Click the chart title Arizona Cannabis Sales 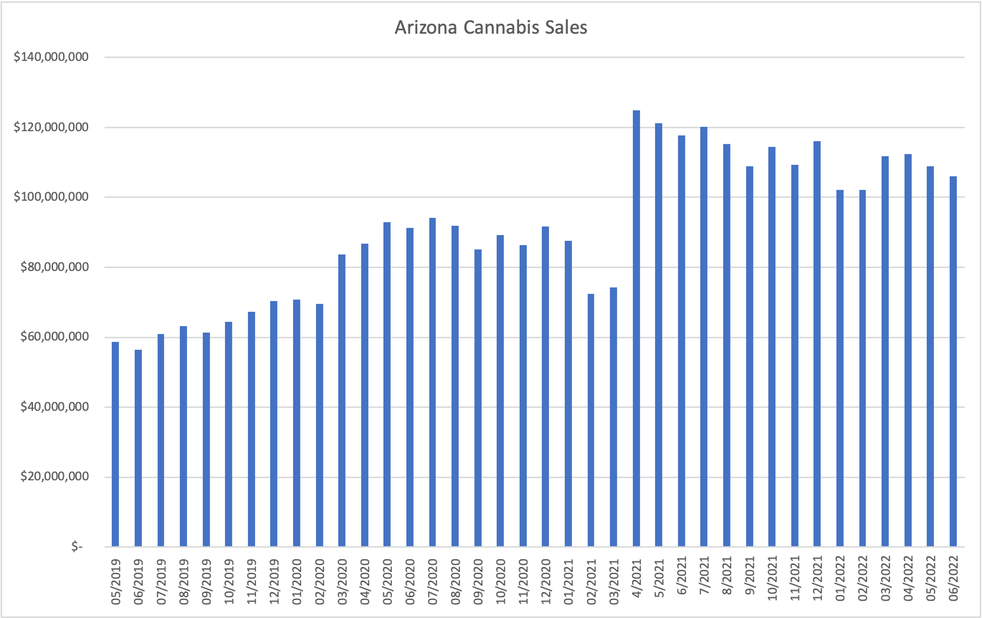coord(491,28)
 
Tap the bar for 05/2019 coord(115,445)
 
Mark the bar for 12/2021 coord(817,344)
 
